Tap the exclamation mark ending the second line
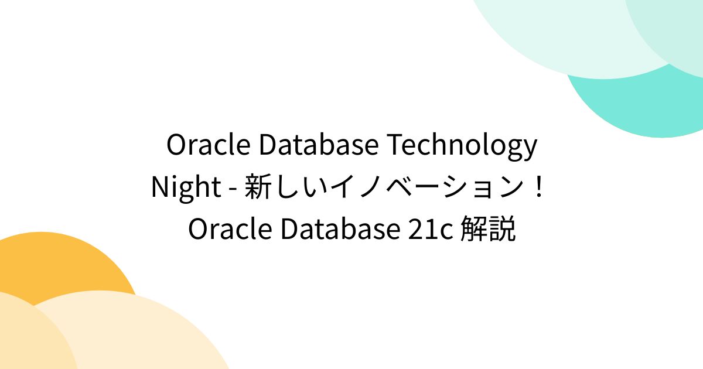tap(540, 188)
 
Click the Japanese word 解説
tap(488, 230)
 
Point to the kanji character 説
tap(503, 230)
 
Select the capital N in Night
tap(160, 188)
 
